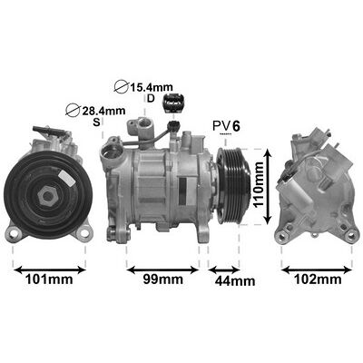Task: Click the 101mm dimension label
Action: pos(49,280)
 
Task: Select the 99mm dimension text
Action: pos(162,280)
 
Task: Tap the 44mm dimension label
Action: pos(235,281)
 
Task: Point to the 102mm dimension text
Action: pos(318,279)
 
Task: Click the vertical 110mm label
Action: pos(259,184)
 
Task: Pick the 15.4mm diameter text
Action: pos(152,87)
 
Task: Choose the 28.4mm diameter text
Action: pos(103,111)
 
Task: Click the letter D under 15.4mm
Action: pos(151,98)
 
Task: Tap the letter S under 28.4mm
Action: pos(96,122)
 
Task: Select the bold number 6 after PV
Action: pos(236,126)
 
